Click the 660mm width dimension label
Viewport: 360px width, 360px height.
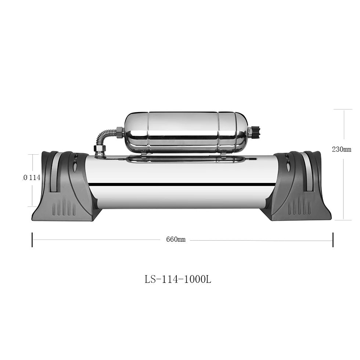click(x=176, y=240)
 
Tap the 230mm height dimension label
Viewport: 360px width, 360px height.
click(x=342, y=150)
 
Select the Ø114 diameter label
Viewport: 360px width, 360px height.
click(x=32, y=177)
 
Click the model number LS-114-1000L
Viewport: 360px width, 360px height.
click(x=178, y=279)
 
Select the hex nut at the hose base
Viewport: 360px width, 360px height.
click(x=100, y=149)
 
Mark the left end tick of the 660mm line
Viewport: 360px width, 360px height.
click(x=32, y=240)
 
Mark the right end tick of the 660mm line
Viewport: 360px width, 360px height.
click(x=333, y=240)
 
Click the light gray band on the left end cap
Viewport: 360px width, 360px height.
click(x=54, y=173)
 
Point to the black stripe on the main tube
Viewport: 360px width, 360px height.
click(x=180, y=184)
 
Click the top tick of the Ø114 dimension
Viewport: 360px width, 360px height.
click(x=33, y=155)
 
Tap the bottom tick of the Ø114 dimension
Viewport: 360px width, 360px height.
click(x=33, y=206)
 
